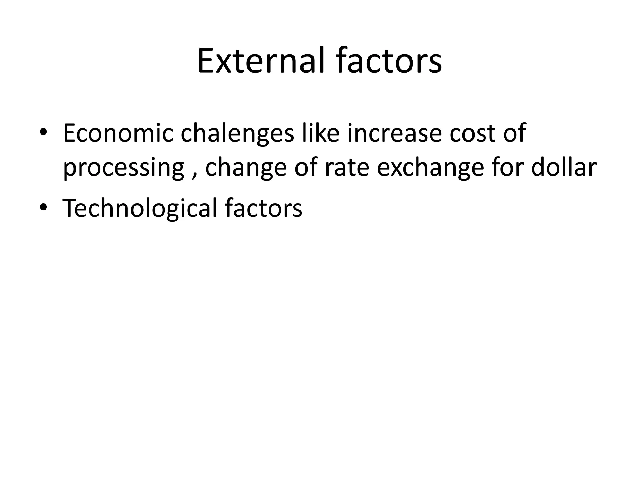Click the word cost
click(473, 133)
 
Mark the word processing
click(124, 168)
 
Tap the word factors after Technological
click(263, 208)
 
